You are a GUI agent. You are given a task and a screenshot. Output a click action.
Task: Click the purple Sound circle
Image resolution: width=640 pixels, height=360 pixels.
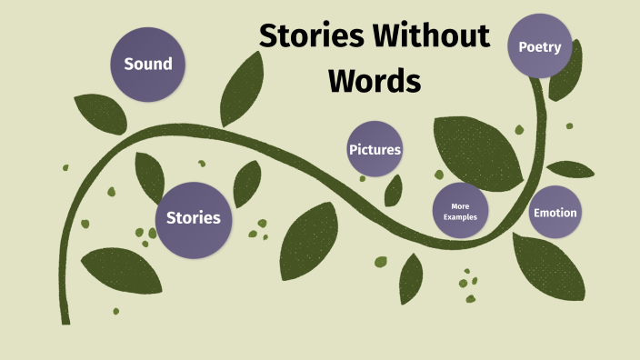coord(148,64)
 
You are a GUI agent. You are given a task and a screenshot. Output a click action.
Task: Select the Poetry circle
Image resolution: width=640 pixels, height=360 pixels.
coord(539,46)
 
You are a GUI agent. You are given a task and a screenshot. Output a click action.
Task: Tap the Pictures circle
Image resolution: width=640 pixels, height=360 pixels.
coord(375,149)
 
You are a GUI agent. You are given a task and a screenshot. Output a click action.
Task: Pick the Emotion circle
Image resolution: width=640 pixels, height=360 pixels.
coord(555,213)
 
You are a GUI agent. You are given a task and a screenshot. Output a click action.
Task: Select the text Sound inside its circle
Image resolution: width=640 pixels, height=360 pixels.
coord(148,64)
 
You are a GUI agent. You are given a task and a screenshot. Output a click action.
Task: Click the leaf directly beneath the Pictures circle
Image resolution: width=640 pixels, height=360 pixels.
coord(394,190)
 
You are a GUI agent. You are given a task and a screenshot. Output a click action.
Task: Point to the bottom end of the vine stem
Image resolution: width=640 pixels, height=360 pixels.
coord(65,318)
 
